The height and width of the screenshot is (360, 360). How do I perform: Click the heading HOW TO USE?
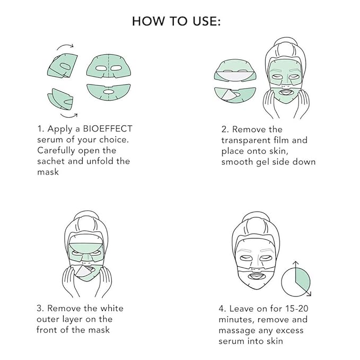tap(176, 21)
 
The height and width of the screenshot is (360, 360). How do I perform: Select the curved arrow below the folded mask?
tap(68, 113)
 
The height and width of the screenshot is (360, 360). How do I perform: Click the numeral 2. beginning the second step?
tap(225, 129)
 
